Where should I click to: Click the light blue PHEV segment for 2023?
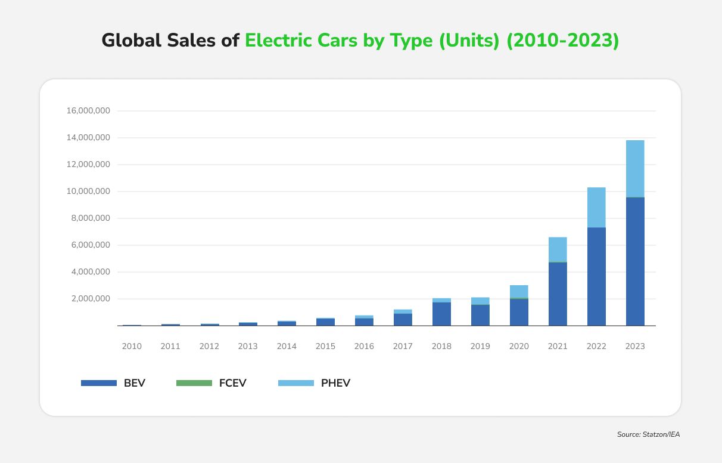(x=635, y=168)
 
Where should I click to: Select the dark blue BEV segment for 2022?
(x=596, y=276)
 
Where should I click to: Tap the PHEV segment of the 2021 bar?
(x=558, y=249)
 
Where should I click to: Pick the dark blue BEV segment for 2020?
(x=519, y=312)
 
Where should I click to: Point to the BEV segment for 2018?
(x=441, y=314)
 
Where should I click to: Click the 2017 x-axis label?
(x=403, y=346)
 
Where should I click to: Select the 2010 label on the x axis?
(x=132, y=346)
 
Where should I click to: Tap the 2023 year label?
(x=635, y=346)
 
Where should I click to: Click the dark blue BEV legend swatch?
(x=99, y=383)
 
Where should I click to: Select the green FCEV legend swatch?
(x=194, y=383)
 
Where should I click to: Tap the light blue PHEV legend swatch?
(x=295, y=383)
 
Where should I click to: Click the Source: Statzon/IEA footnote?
(x=648, y=434)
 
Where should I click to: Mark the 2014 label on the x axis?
(x=287, y=346)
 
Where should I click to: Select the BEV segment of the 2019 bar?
(x=480, y=315)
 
